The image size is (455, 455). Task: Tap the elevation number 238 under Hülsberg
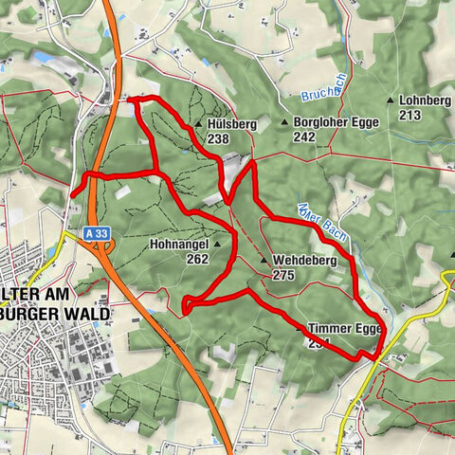coord(219,138)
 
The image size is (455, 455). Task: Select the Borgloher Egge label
coord(337,122)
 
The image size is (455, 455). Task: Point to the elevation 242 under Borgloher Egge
coord(304,136)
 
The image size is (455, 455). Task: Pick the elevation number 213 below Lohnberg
coord(410,115)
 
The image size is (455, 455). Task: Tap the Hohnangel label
coord(178,244)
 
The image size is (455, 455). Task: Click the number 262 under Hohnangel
coord(197,259)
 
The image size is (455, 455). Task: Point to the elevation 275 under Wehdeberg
coord(283,275)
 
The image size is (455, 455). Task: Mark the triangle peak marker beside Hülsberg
coord(198,124)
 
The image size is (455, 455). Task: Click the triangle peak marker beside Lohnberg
coord(391,100)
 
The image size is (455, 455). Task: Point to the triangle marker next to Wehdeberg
coord(264,260)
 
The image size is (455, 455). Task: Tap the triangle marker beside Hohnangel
coord(217,244)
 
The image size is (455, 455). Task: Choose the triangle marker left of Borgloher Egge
coord(284,122)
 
